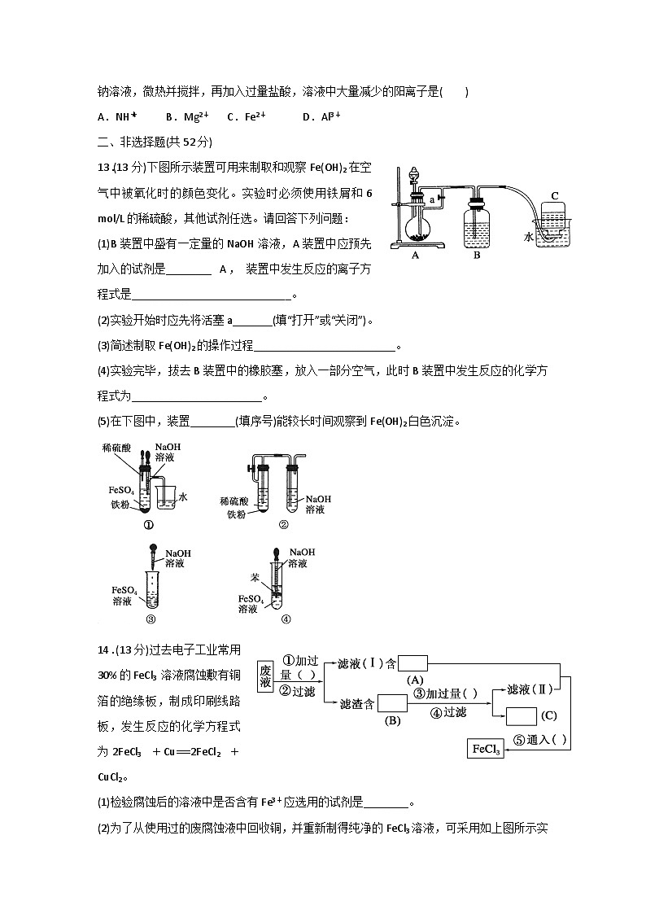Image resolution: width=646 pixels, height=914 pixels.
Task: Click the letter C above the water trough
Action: [x=555, y=196]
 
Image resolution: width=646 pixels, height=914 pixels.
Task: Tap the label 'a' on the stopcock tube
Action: [x=432, y=198]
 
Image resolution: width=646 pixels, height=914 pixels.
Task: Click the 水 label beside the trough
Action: [x=529, y=237]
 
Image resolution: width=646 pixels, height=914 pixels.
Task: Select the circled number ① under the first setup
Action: [x=149, y=525]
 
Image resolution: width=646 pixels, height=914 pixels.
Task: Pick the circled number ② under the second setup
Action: [x=283, y=525]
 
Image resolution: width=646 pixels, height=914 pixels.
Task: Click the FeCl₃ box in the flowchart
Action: [x=486, y=749]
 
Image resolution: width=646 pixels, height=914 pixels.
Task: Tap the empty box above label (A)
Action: [x=413, y=663]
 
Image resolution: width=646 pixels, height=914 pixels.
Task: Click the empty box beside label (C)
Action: [x=521, y=716]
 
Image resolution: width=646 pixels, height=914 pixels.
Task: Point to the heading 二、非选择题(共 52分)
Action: [x=155, y=142]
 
